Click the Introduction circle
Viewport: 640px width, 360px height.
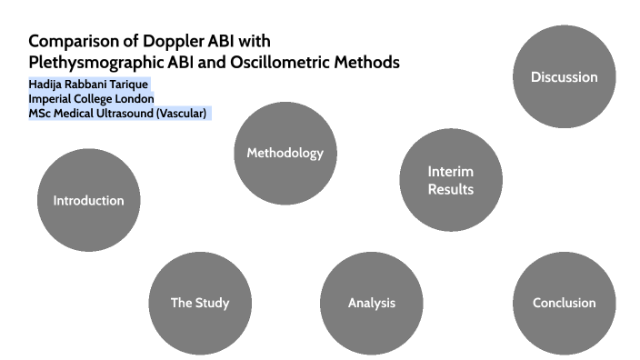pos(88,200)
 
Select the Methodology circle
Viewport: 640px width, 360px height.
pos(285,153)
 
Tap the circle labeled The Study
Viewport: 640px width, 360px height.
pos(200,303)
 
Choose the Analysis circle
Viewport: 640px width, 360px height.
pos(372,303)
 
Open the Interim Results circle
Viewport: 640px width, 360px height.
pos(450,180)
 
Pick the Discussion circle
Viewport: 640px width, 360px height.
pos(564,76)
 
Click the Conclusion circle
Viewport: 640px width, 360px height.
pos(564,303)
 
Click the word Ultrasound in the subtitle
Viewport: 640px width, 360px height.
pos(124,113)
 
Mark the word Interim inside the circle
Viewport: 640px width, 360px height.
pos(450,171)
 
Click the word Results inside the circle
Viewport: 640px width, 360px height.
pos(450,189)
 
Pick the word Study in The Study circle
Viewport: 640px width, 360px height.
pos(212,303)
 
